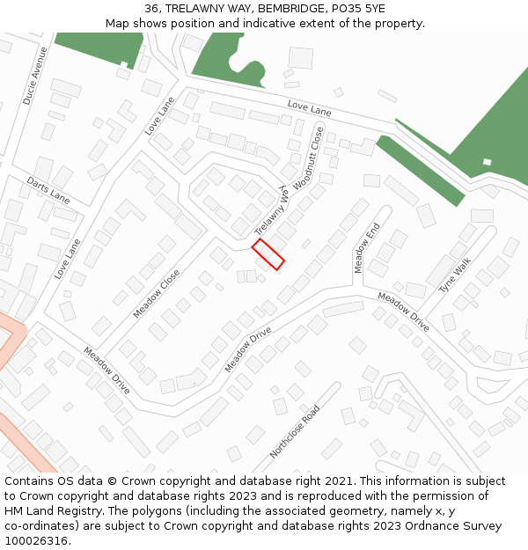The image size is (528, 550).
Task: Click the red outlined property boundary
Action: (268, 254)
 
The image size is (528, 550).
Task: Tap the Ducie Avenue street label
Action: (35, 76)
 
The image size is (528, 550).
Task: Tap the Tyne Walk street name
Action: (455, 275)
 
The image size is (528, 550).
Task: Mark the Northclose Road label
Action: (294, 431)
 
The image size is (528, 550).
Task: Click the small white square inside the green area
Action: (487, 162)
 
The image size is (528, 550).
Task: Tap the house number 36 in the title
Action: (151, 8)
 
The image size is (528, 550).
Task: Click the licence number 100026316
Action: (36, 540)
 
